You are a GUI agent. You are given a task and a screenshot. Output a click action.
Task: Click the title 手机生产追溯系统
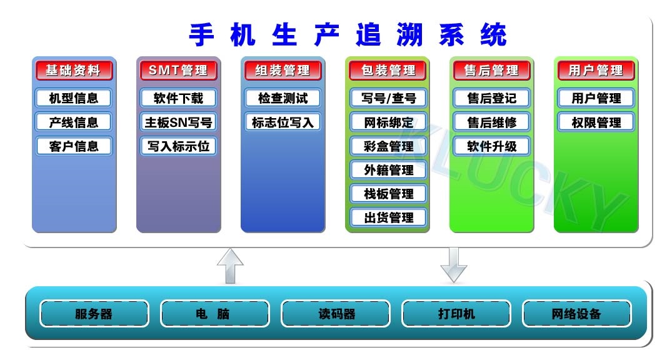tap(348, 34)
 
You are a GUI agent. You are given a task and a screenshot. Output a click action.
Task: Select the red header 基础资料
tap(74, 70)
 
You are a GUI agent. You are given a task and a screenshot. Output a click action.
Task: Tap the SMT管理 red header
tap(178, 70)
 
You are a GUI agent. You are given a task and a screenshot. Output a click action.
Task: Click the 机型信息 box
tap(74, 98)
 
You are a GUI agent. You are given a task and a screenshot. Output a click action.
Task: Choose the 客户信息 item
tap(74, 146)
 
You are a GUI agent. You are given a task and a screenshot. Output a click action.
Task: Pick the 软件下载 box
tap(178, 98)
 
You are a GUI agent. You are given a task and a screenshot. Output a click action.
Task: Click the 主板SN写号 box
tap(178, 122)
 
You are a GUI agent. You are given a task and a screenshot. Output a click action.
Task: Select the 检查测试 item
tap(283, 98)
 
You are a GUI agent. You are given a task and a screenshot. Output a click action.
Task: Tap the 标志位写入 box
tap(283, 122)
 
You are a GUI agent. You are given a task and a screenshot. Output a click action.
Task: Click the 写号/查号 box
tap(388, 98)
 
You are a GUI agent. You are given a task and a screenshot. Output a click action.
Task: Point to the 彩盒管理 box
tap(388, 146)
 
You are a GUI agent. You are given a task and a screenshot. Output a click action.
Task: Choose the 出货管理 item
tap(388, 217)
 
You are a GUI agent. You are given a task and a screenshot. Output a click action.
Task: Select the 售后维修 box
tap(491, 122)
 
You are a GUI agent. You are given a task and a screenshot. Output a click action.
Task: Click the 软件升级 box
tap(491, 146)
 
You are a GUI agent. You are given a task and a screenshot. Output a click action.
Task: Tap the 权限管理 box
tap(596, 122)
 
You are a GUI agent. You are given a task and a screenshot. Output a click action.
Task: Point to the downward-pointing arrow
tap(453, 265)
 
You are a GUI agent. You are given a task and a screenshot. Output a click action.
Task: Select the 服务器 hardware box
tap(94, 314)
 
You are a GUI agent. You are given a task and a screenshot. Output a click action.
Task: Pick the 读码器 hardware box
tap(336, 314)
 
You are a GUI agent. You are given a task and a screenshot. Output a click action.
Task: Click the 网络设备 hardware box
tap(577, 314)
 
